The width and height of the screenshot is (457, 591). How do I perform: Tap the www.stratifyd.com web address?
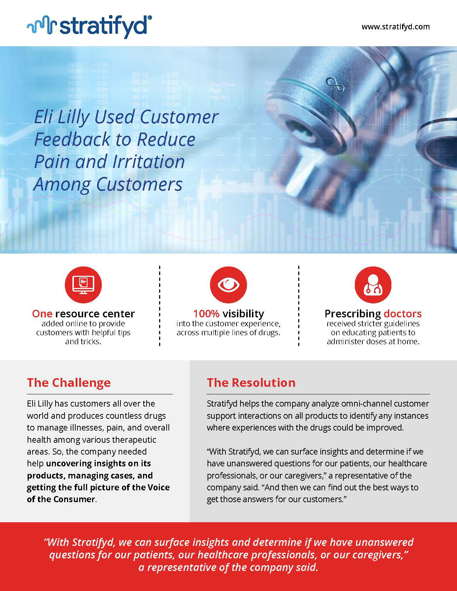[395, 27]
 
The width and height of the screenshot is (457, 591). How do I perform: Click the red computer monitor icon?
[83, 285]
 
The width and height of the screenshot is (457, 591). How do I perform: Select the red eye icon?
[228, 285]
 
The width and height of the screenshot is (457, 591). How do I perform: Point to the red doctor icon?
[373, 285]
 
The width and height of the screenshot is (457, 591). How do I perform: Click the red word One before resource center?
[42, 313]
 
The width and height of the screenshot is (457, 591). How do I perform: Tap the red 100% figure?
[206, 313]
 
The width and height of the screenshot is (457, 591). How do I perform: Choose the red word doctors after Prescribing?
[403, 313]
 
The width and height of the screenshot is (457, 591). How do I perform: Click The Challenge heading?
[69, 383]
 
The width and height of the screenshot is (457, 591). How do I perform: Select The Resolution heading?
[251, 383]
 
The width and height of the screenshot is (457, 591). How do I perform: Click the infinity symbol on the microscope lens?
[335, 85]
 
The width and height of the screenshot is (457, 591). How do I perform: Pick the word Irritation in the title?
[149, 162]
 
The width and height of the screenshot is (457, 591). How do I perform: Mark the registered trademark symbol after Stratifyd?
[149, 18]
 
